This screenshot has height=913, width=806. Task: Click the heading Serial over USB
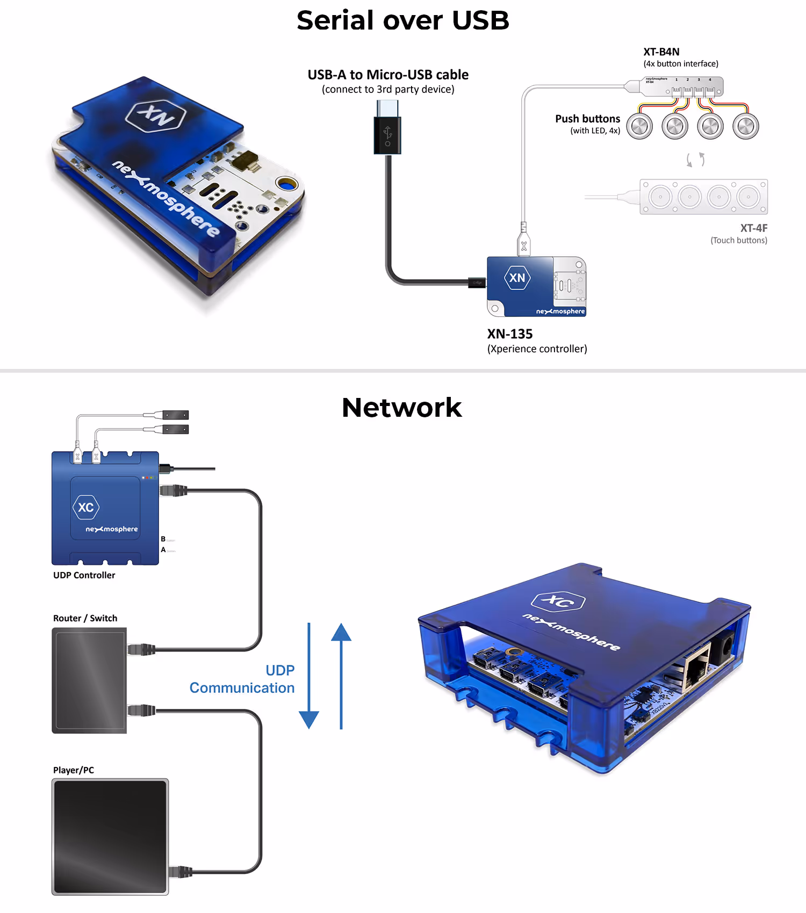pyautogui.click(x=402, y=20)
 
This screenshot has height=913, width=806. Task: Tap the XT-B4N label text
pyautogui.click(x=661, y=52)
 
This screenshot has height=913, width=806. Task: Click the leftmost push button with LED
pyautogui.click(x=639, y=127)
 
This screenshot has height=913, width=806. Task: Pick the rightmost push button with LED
pyautogui.click(x=746, y=127)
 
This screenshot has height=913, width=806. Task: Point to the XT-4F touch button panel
pyautogui.click(x=703, y=197)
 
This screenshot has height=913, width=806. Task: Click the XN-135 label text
pyautogui.click(x=509, y=334)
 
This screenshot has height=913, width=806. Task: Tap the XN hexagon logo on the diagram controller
pyautogui.click(x=517, y=278)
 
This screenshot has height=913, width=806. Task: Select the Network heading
pyautogui.click(x=402, y=408)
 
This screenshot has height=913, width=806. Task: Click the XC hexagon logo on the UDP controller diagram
pyautogui.click(x=86, y=508)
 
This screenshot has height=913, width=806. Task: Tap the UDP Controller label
pyautogui.click(x=84, y=575)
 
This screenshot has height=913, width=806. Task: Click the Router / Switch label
pyautogui.click(x=85, y=618)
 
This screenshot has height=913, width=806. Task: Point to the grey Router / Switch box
pyautogui.click(x=89, y=680)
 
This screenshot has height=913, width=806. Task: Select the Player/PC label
pyautogui.click(x=74, y=770)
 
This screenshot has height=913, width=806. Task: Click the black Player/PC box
pyautogui.click(x=110, y=836)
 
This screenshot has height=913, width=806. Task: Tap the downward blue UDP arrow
pyautogui.click(x=309, y=677)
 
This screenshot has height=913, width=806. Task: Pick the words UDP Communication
pyautogui.click(x=243, y=679)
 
